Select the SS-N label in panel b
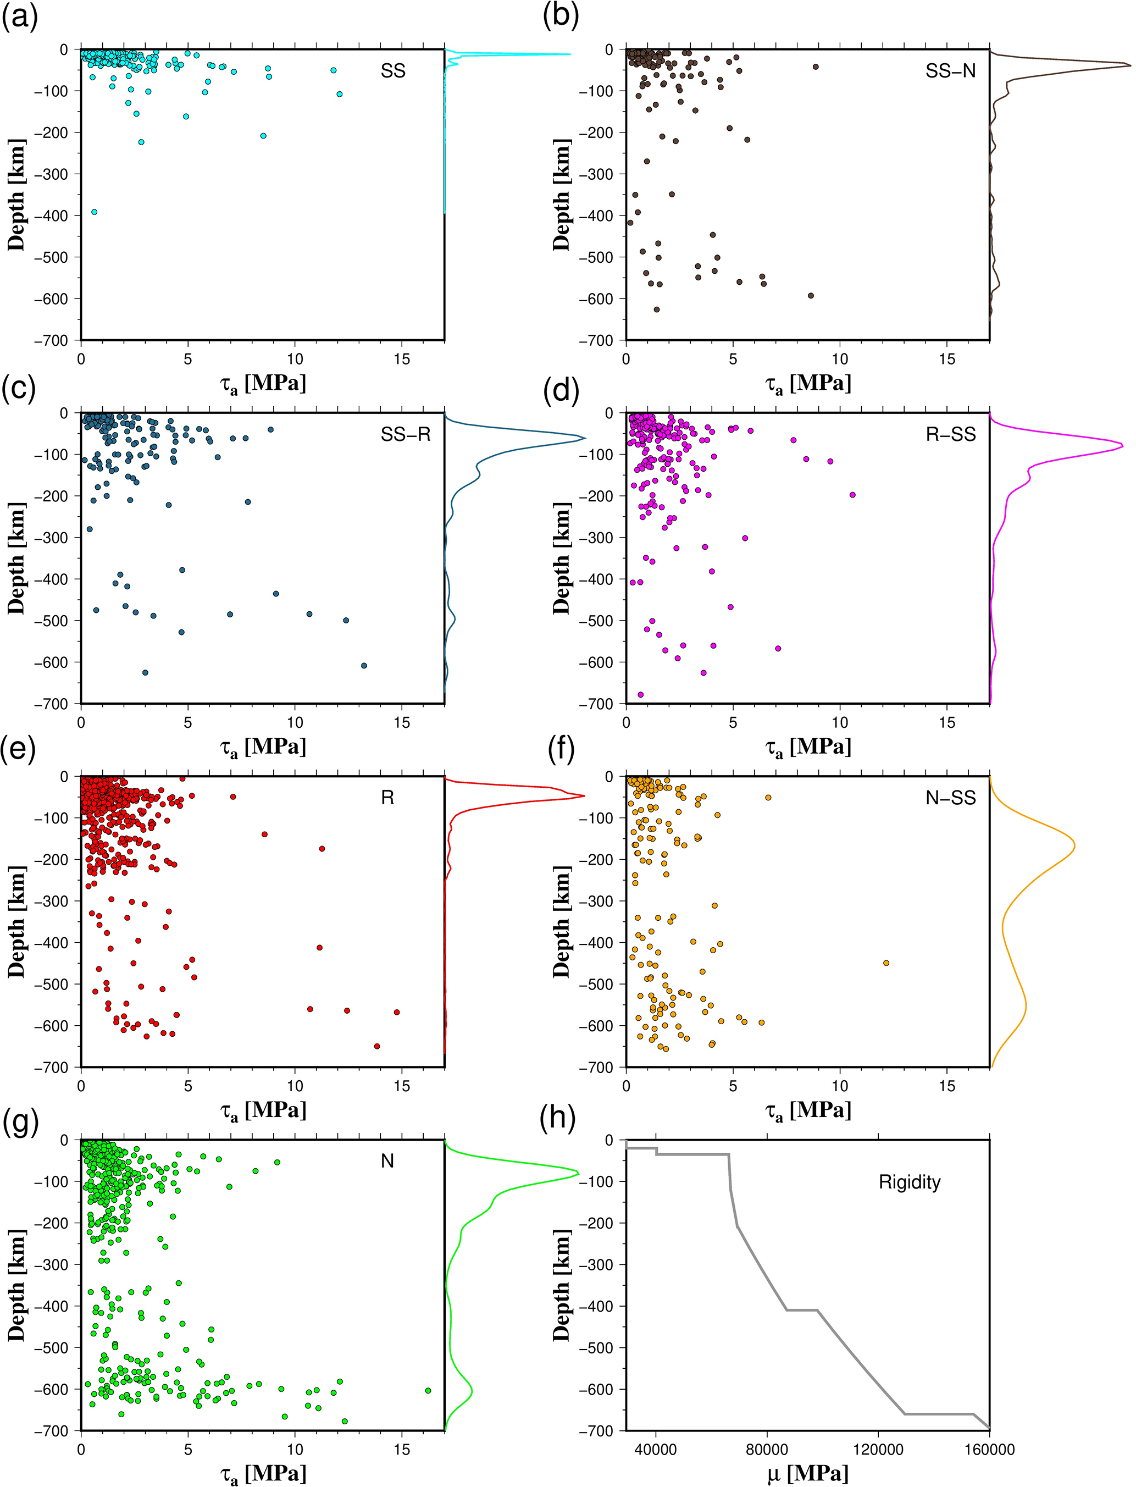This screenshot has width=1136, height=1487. point(950,71)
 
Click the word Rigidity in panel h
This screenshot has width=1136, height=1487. point(910,1181)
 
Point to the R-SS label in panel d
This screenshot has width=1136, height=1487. point(950,434)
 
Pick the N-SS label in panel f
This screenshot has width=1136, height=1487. point(950,798)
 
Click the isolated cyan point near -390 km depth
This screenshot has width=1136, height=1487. point(94,212)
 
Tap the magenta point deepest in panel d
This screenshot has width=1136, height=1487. point(640,694)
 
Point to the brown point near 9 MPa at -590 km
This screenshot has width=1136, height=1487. point(811,296)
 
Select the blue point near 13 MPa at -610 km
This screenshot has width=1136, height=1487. point(364,665)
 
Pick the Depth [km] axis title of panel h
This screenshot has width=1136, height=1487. point(561,1285)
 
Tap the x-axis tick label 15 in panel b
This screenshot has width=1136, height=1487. point(946,359)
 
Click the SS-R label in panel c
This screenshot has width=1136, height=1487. point(405,434)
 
